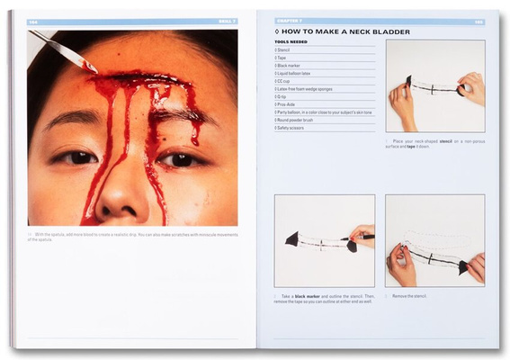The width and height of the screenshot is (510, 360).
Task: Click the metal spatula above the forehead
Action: pyautogui.click(x=63, y=51)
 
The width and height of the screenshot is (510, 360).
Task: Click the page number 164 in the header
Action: pyautogui.click(x=33, y=21)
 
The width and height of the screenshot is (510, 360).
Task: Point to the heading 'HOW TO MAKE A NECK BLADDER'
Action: pyautogui.click(x=345, y=31)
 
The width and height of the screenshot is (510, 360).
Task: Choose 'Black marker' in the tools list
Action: pyautogui.click(x=289, y=66)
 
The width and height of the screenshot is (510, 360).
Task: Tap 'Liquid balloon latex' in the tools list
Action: pyautogui.click(x=295, y=74)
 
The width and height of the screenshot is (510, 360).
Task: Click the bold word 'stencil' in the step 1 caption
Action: pyautogui.click(x=440, y=141)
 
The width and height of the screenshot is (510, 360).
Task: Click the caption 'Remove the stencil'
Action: pyautogui.click(x=413, y=295)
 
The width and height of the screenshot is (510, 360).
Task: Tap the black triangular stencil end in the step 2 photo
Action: pyautogui.click(x=292, y=238)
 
